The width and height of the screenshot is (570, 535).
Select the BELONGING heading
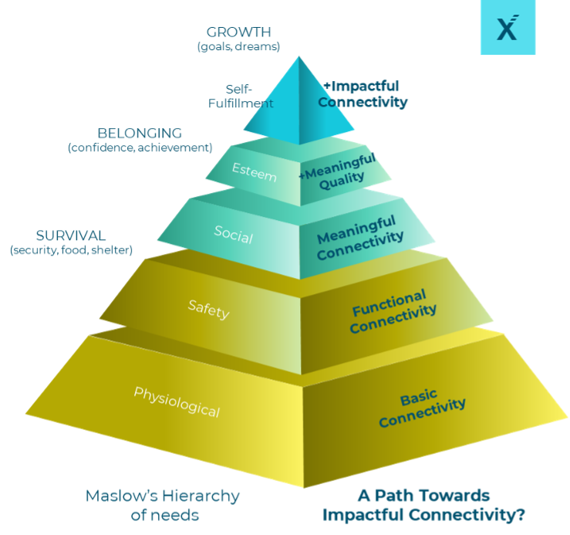(x=140, y=134)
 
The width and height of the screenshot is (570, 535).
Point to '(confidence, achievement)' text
(x=140, y=147)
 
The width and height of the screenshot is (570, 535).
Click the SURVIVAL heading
(x=71, y=235)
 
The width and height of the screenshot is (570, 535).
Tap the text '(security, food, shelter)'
(x=71, y=250)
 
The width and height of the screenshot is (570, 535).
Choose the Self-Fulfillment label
(x=250, y=96)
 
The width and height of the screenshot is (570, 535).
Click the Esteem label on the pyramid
(x=255, y=175)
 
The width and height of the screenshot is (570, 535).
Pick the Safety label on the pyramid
(x=208, y=310)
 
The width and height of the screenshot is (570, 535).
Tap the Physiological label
(x=177, y=401)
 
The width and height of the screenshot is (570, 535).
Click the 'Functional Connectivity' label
(x=393, y=310)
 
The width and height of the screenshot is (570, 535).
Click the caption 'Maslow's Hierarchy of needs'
(x=162, y=504)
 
